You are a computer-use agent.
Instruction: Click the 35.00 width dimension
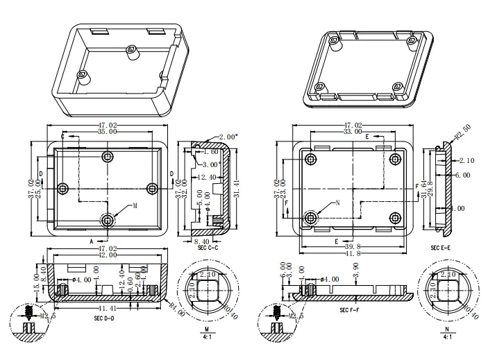tap(106, 131)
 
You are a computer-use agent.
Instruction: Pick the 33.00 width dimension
tap(353, 131)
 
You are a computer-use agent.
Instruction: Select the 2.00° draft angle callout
tap(228, 137)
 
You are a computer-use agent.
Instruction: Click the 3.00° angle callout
tap(211, 164)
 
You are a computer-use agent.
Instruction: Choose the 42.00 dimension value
tap(106, 256)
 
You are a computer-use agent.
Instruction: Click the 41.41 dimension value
tap(108, 307)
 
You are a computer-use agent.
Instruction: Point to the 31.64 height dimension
tap(424, 189)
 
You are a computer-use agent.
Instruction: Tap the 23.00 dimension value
tap(285, 189)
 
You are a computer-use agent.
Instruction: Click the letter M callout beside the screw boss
tap(135, 206)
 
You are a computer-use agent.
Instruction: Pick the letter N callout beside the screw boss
tap(337, 203)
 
